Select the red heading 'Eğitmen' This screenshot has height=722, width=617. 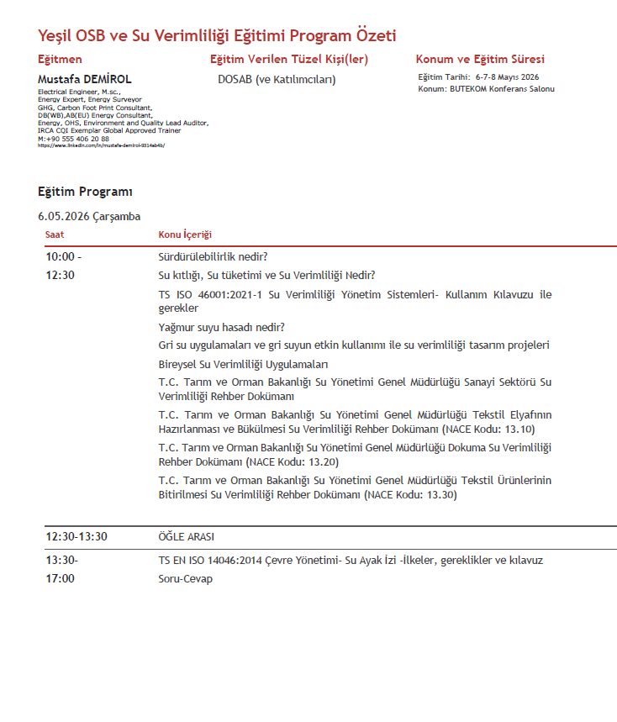tap(61, 60)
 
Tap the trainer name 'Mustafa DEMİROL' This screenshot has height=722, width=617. tap(85, 80)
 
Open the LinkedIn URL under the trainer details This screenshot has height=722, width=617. tap(101, 145)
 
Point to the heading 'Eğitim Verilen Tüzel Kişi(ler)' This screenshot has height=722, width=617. tap(289, 60)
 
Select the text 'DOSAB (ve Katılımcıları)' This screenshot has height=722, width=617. tap(277, 80)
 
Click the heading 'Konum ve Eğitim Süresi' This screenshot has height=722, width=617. tap(480, 60)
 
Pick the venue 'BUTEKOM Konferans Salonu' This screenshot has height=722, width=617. tap(503, 89)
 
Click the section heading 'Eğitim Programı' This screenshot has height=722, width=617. tap(85, 192)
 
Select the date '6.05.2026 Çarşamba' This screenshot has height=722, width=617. tap(89, 217)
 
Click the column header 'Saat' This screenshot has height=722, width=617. tap(55, 235)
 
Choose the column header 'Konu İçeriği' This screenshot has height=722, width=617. tap(185, 235)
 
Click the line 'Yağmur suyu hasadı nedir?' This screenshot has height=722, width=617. tap(221, 328)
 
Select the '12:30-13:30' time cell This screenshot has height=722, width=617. tap(76, 537)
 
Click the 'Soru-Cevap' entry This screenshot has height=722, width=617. tap(185, 579)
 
